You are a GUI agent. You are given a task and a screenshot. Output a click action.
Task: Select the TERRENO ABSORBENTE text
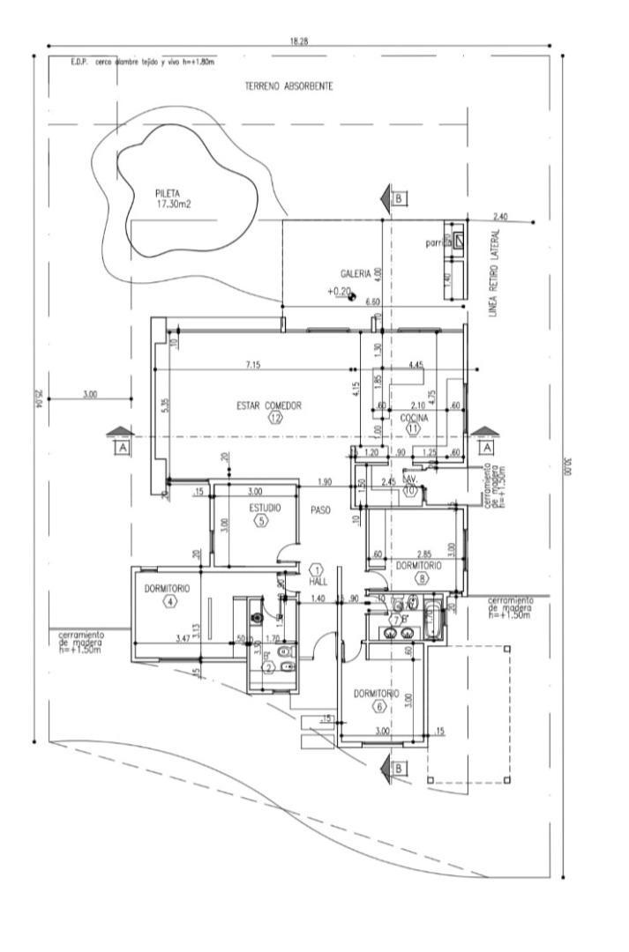coord(288,87)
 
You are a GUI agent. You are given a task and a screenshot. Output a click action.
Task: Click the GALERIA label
coord(356,274)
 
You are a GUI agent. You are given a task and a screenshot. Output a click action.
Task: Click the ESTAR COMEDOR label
coord(269,405)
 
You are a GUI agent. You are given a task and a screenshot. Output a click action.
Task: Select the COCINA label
coord(414,417)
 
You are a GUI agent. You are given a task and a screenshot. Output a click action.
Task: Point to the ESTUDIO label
coord(264,509)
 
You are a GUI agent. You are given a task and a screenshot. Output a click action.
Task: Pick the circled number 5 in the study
coord(261,521)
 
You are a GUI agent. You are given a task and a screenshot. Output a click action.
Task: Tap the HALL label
coord(318,584)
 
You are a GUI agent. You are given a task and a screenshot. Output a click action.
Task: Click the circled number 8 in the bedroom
coord(423,578)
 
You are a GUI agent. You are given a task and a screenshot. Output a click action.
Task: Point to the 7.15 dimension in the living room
coord(253,364)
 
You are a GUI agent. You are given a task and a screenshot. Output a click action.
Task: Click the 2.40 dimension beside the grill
coord(500,217)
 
